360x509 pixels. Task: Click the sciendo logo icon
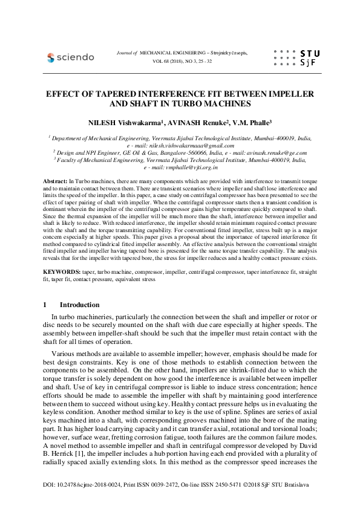(50, 57)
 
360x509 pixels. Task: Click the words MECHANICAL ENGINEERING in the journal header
(173, 53)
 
